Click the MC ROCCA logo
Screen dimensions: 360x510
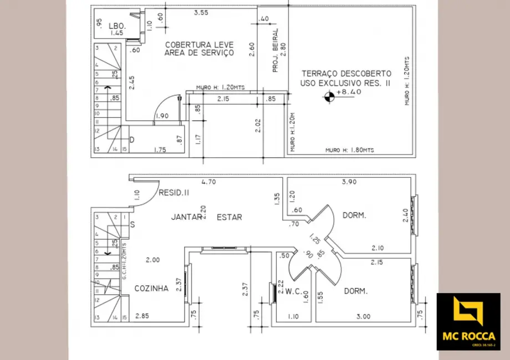coord(468,321)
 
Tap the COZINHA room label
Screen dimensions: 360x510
coord(151,289)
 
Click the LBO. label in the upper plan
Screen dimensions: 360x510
coord(118,25)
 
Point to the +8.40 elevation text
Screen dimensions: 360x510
coord(349,92)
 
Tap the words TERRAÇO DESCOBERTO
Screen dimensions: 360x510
coord(346,73)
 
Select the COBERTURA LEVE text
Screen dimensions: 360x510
coord(198,44)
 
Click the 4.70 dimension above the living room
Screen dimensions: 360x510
coord(208,181)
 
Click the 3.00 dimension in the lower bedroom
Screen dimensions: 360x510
coord(363,316)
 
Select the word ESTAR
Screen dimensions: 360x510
coord(229,217)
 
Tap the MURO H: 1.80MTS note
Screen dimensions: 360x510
coord(350,150)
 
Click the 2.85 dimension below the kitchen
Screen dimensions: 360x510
coord(142,316)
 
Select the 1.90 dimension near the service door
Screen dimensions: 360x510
coord(162,116)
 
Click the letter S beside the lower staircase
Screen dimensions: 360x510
coord(132,224)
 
